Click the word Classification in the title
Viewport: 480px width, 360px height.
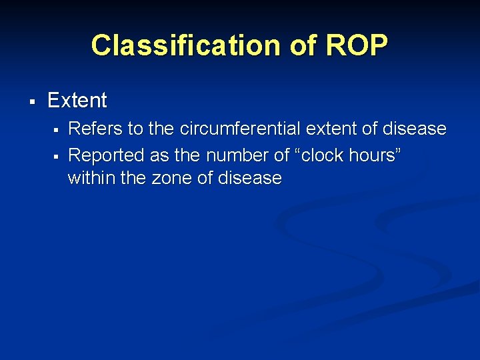point(179,46)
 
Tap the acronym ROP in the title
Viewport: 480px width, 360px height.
point(356,46)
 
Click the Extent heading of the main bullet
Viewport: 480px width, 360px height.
point(77,101)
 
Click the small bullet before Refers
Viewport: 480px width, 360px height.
point(58,129)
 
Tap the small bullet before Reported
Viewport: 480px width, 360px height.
point(58,156)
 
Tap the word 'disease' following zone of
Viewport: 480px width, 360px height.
point(252,179)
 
